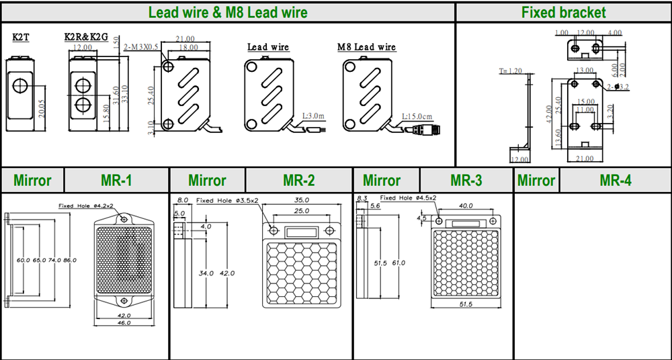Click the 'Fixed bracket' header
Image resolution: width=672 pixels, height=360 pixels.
point(563,12)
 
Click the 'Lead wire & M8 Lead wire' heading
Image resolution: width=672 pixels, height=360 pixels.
point(228,12)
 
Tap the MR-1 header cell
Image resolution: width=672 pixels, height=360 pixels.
point(116,180)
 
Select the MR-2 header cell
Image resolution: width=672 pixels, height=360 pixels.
point(299,180)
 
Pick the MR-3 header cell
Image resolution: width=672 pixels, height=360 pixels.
point(466,180)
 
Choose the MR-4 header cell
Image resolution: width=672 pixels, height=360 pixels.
point(616,180)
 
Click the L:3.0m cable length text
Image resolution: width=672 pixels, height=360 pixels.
point(313,116)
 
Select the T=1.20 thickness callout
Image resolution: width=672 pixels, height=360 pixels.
point(511,71)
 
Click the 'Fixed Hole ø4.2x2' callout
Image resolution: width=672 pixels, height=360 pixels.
point(85,206)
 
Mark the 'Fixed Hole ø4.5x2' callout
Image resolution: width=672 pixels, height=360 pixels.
point(408,198)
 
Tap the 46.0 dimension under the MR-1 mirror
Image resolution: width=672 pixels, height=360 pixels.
point(124,323)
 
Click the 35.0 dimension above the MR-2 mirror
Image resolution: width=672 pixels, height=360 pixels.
point(302,200)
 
